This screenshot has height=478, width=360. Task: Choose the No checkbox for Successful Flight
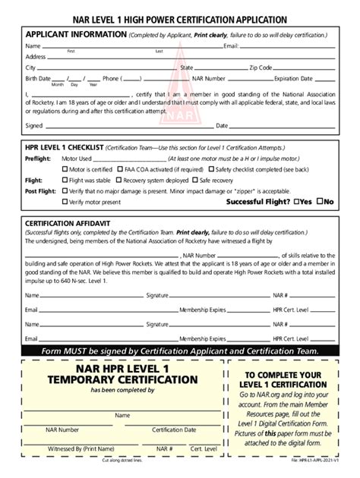click(321, 203)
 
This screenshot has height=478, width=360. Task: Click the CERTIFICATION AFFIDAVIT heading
click(71, 224)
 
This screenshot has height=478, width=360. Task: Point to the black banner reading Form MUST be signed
click(180, 351)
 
